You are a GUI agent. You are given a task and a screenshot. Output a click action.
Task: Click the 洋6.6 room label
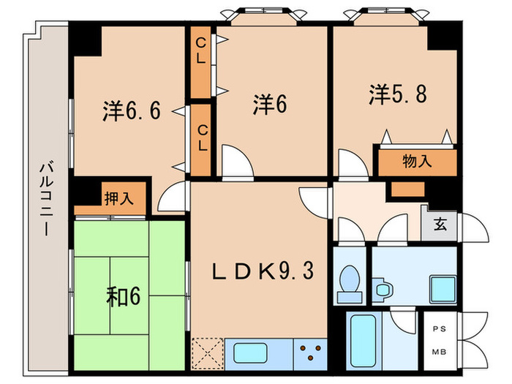(x=131, y=111)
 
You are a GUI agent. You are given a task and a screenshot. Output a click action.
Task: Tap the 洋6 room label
(x=269, y=105)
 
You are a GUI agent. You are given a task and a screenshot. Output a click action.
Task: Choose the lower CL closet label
(x=201, y=137)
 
